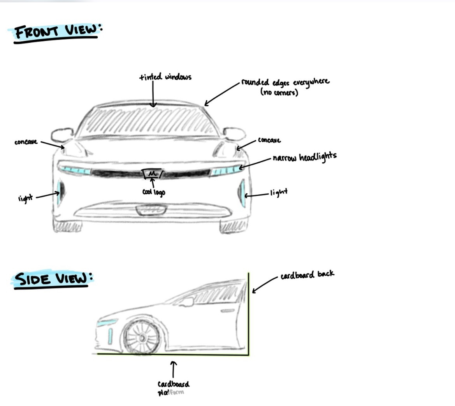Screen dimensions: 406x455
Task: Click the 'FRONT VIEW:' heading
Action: (x=56, y=32)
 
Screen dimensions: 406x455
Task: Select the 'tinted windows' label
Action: (x=165, y=77)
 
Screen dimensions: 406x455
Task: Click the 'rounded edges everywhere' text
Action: (x=285, y=83)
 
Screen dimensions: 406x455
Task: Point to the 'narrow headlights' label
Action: (x=304, y=157)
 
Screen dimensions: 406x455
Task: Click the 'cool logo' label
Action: (x=154, y=192)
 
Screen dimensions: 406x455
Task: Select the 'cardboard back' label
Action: (x=307, y=274)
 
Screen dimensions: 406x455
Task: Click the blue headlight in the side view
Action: (x=107, y=323)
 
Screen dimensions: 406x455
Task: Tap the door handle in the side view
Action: (x=227, y=311)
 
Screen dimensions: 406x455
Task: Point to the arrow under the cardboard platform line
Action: (x=174, y=369)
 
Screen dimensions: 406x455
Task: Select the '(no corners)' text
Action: (x=279, y=93)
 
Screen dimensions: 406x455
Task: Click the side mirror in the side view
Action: (x=188, y=302)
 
